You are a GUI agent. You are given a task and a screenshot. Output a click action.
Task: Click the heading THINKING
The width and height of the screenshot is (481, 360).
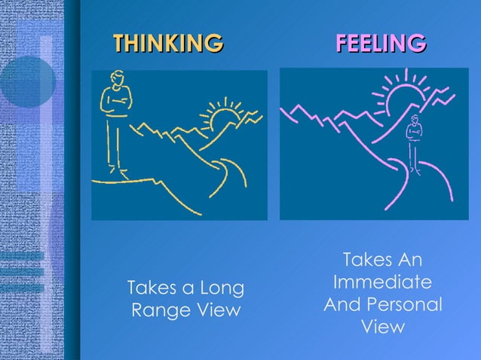coord(168,42)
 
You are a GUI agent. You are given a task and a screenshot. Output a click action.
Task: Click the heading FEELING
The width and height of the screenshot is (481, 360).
coord(380,42)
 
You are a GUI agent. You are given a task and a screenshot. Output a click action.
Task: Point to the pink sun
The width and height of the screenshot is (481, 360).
coord(403,97)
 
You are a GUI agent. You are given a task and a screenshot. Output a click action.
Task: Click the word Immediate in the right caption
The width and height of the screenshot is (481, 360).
coord(382,283)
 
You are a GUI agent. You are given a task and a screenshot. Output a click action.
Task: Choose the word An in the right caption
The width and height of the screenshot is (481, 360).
coord(409,261)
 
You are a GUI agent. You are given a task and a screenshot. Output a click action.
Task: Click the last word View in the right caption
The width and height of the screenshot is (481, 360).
coord(382,328)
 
